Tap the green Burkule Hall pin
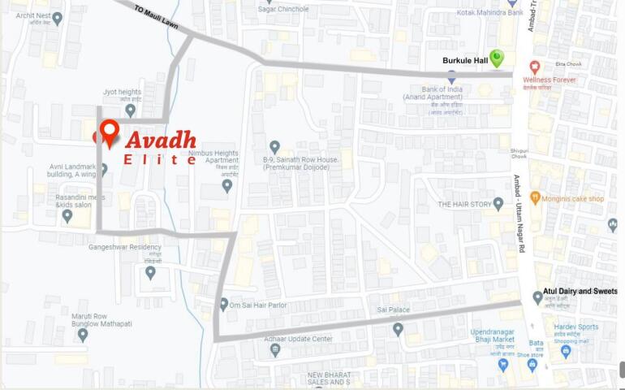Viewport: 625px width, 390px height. coord(496,58)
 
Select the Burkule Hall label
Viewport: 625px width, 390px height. coord(465,61)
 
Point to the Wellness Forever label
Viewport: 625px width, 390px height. coord(550,80)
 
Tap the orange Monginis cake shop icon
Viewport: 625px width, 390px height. coord(535,198)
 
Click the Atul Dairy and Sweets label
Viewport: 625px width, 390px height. coord(580,291)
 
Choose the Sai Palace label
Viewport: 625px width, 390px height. coord(394,310)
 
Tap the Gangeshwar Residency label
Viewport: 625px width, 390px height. coord(125,247)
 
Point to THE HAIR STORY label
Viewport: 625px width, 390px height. coord(465,205)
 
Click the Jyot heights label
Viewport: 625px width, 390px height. coord(123,93)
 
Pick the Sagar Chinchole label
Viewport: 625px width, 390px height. coord(283,9)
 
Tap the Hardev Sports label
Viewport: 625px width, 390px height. coord(576,327)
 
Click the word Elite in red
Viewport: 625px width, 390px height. coord(160,160)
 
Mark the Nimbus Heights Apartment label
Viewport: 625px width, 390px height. coord(213,157)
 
